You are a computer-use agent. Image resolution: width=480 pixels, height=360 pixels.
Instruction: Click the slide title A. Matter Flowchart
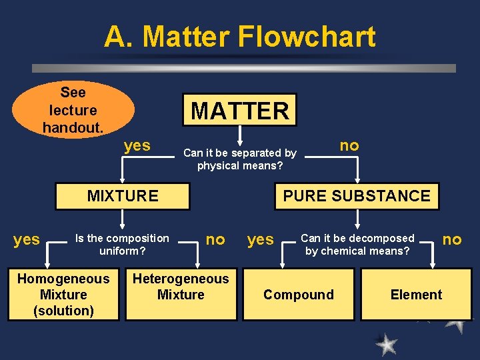(239, 37)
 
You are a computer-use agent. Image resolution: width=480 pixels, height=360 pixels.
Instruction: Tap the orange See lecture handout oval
(73, 109)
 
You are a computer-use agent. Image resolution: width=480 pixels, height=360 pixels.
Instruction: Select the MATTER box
(240, 110)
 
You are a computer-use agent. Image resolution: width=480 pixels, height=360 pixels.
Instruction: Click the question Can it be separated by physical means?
(240, 159)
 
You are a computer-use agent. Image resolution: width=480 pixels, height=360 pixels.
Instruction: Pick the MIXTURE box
(123, 196)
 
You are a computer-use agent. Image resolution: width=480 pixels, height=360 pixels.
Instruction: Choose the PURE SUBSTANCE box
(357, 196)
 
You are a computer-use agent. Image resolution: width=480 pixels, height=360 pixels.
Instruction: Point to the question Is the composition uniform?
(122, 245)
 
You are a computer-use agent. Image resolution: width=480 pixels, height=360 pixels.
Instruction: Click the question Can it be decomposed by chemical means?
(357, 245)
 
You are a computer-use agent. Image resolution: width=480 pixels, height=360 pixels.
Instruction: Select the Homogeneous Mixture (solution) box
(63, 295)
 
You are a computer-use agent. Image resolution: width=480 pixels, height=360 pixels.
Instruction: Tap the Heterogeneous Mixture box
(181, 287)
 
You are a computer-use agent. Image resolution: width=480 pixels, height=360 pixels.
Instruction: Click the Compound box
(299, 295)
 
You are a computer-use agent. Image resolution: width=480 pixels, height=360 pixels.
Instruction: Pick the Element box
(416, 295)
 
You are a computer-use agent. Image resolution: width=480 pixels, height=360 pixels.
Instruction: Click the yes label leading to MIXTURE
(137, 145)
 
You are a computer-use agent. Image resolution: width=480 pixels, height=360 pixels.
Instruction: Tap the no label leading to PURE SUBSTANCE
(349, 145)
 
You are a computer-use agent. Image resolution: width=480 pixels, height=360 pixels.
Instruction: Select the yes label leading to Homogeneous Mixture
(27, 239)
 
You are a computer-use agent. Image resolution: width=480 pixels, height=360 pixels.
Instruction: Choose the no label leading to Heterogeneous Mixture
(215, 239)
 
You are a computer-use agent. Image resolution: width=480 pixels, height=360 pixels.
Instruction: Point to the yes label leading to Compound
(261, 240)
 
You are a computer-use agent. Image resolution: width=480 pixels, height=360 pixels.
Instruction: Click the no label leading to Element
(452, 239)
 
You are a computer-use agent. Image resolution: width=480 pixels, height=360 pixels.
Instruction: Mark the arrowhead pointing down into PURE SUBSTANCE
(357, 179)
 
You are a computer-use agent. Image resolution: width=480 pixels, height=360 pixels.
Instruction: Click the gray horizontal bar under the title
(244, 68)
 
